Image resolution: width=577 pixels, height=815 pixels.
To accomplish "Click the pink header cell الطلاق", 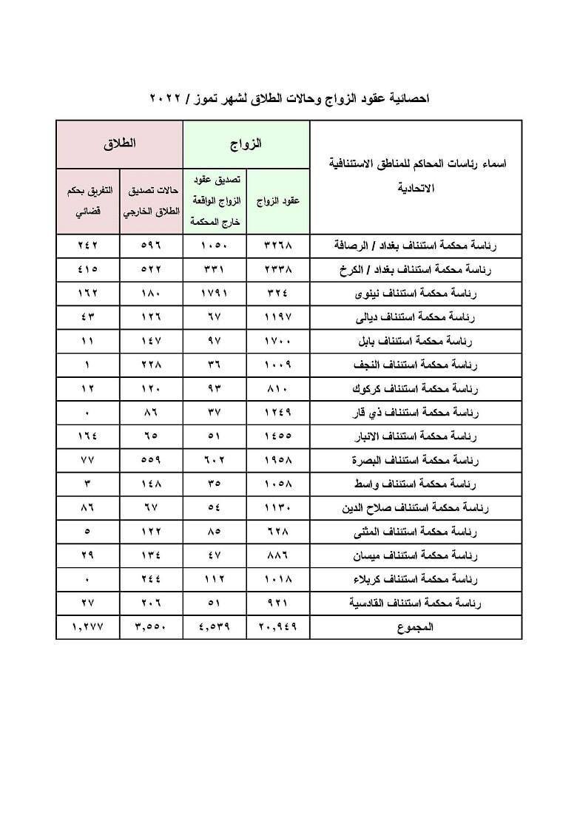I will click(x=120, y=143).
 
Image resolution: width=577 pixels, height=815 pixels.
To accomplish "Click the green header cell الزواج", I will click(x=246, y=143).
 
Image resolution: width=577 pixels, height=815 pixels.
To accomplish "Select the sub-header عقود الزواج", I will click(x=278, y=201).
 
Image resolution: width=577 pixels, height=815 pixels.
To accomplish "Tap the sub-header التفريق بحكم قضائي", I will click(x=87, y=201).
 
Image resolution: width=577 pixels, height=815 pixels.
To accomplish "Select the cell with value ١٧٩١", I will click(x=215, y=294).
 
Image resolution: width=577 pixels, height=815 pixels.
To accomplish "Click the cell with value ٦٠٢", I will click(x=215, y=460).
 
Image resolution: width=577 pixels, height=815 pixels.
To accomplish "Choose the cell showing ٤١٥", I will click(x=87, y=270).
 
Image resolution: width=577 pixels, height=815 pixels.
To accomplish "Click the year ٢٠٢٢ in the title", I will click(x=171, y=98).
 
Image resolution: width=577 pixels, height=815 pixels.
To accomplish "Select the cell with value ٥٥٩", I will click(x=151, y=460).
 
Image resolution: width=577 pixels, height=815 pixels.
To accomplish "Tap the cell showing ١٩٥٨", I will click(x=278, y=460).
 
